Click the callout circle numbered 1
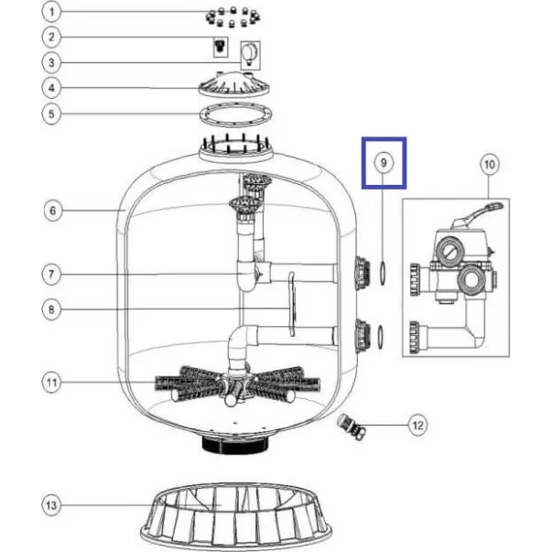(x=51, y=12)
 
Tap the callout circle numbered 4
(x=51, y=88)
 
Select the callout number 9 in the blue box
(x=384, y=163)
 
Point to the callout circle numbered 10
(x=490, y=164)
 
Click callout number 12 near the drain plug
(x=417, y=425)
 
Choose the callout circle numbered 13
(x=51, y=505)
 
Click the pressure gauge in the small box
(x=250, y=55)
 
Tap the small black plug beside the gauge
(x=221, y=47)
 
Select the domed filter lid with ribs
(x=235, y=84)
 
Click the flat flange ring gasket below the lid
(x=235, y=114)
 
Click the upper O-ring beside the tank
(x=383, y=273)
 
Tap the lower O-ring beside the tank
(x=381, y=337)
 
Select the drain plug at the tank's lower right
(x=352, y=427)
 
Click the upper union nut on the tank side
(x=363, y=273)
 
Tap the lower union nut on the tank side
(x=363, y=336)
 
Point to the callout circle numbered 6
(x=53, y=211)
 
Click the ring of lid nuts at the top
(x=233, y=16)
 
